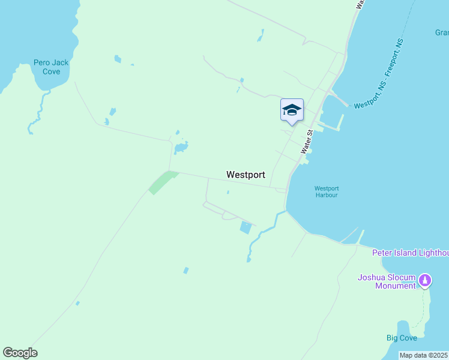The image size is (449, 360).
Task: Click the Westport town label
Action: pos(246,175)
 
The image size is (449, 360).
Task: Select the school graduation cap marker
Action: pos(292,110)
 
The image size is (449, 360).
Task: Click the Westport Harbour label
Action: pos(327,191)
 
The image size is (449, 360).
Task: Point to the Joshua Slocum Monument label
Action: pos(387,281)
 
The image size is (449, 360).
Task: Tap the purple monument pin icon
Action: pos(425,280)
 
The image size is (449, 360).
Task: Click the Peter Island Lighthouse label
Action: pos(411,253)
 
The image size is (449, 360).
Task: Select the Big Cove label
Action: pos(402,338)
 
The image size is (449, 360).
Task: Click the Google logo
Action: pos(20,353)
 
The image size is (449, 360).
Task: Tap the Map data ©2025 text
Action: pos(424,355)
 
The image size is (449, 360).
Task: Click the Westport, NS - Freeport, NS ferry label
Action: pos(379,74)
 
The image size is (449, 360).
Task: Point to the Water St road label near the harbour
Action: pos(307,142)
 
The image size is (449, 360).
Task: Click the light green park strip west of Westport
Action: pos(162,182)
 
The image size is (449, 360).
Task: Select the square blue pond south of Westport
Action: pos(246,227)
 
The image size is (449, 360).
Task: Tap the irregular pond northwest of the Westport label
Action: pos(181,147)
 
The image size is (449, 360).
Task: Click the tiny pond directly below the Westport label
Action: pos(228,193)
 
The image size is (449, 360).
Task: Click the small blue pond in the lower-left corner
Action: pos(77,303)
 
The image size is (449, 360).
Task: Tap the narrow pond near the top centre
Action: pos(261,36)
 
